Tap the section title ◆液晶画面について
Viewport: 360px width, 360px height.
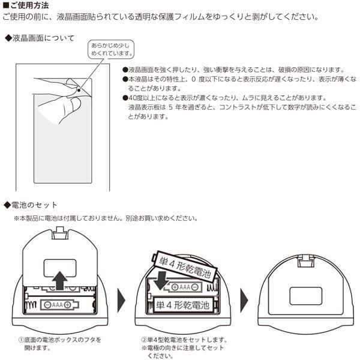(40, 38)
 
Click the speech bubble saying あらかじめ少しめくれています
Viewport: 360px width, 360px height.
(110, 49)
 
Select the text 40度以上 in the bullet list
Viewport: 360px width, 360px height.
(142, 98)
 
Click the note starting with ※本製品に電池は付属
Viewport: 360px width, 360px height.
(105, 218)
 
